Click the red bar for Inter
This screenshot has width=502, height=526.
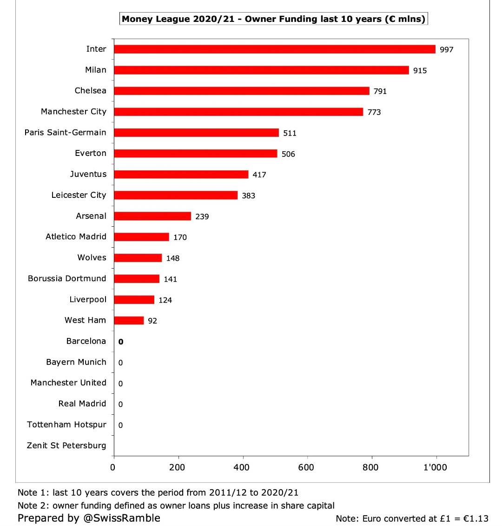[x=274, y=49]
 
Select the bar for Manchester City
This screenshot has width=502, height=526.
[x=238, y=112]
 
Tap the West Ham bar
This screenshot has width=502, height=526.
[x=129, y=320]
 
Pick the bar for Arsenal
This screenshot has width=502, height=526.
[x=152, y=216]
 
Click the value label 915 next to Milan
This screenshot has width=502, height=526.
[x=420, y=71]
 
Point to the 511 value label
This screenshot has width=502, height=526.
[x=290, y=133]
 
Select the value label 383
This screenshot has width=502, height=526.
[x=248, y=196]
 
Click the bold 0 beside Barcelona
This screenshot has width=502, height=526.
[x=121, y=342]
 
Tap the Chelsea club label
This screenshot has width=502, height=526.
[x=90, y=91]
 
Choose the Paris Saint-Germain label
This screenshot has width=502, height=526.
[x=65, y=133]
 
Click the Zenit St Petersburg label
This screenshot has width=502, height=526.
[x=66, y=445]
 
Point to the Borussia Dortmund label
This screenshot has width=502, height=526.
[x=67, y=278]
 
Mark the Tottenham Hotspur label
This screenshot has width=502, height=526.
[x=66, y=425]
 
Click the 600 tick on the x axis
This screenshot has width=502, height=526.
[x=306, y=467]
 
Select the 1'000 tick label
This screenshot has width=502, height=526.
[x=436, y=467]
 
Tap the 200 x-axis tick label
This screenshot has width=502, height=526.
[x=177, y=467]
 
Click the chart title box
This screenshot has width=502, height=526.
[x=273, y=20]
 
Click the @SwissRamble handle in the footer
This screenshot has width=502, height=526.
[x=121, y=518]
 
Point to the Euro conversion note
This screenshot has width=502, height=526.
[x=411, y=519]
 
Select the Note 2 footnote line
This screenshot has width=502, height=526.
[x=176, y=506]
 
